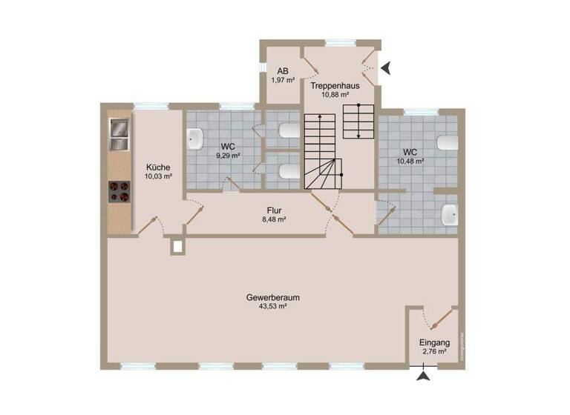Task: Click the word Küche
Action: coord(159,167)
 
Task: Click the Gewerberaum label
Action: coord(267,297)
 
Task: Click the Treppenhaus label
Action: coord(340,86)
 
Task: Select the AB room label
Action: coord(283,71)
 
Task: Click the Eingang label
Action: coord(434,343)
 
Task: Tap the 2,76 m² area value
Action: coord(434,352)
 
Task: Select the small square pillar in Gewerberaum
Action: coord(177,246)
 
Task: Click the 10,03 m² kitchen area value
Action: coord(159,176)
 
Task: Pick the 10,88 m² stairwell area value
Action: coord(340,95)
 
